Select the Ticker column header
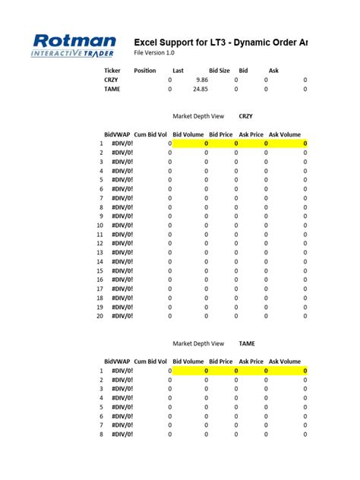tap(112, 71)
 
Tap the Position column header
tap(145, 71)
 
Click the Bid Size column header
tap(219, 71)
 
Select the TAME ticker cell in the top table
tap(112, 89)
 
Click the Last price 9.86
tap(201, 80)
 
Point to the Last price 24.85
tap(201, 89)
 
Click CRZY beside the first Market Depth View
tap(246, 116)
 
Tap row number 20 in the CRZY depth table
tap(99, 316)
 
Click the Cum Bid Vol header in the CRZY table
tap(152, 134)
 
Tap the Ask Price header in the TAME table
tap(251, 362)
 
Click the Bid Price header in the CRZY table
tap(220, 134)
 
